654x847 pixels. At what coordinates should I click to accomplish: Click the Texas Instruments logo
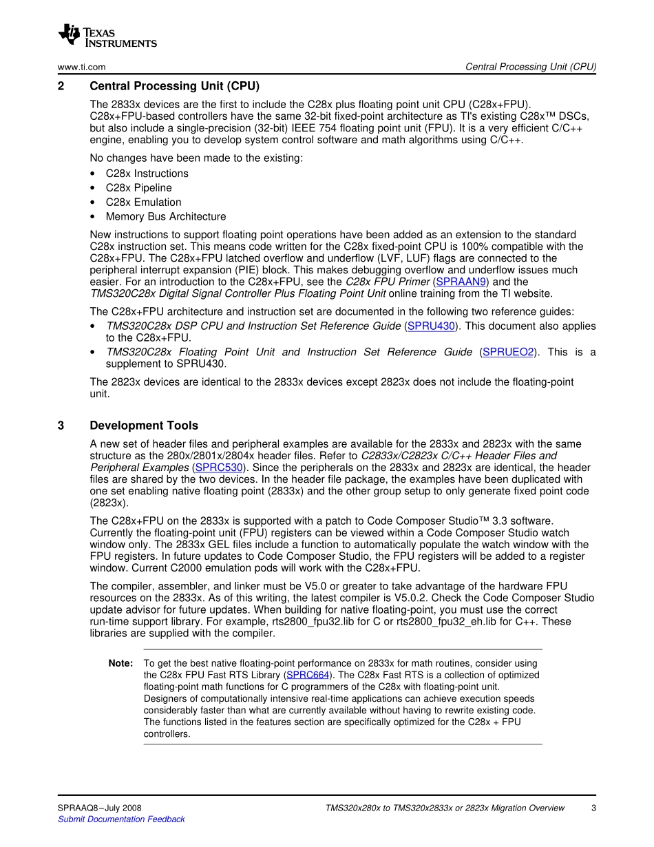107,36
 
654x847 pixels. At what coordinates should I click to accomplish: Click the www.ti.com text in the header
81,67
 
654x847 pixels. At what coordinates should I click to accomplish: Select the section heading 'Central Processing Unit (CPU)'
175,86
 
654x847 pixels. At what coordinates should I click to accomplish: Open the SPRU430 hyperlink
431,326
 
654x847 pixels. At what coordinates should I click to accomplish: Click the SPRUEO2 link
508,352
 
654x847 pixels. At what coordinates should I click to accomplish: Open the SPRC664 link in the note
308,675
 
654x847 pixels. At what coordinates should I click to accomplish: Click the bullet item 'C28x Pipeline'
139,188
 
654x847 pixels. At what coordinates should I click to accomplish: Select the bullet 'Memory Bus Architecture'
166,217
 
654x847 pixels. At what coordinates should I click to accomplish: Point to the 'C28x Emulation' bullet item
144,202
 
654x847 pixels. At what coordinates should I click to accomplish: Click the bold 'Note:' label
120,663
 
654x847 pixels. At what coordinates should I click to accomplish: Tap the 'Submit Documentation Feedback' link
121,819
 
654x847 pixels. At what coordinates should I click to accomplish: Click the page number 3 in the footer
593,808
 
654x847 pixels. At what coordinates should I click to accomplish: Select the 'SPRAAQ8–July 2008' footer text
100,808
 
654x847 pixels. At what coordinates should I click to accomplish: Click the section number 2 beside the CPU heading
61,86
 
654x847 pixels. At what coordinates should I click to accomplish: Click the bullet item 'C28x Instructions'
147,174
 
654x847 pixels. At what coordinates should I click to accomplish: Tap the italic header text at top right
530,67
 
